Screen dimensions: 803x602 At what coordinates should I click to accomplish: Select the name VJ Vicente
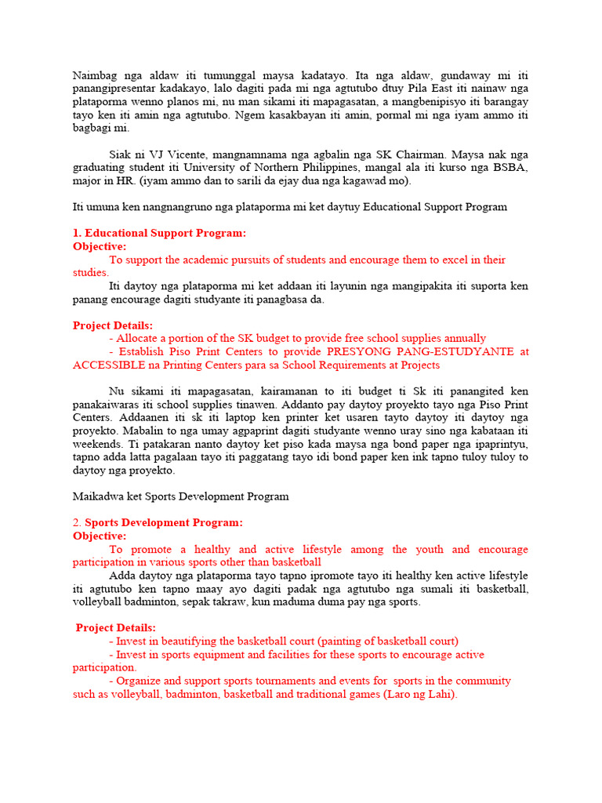(172, 154)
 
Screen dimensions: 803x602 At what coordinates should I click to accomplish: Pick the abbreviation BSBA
(513, 167)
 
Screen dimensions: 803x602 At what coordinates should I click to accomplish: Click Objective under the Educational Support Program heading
(100, 246)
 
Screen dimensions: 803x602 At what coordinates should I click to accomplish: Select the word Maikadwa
(99, 496)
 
